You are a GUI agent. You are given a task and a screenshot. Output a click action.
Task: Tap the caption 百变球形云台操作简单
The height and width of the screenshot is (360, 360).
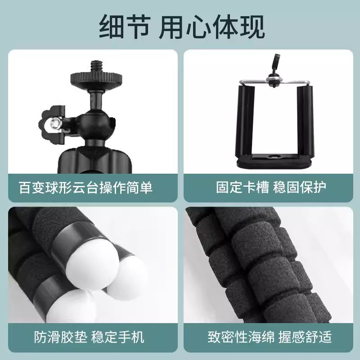tap(85, 187)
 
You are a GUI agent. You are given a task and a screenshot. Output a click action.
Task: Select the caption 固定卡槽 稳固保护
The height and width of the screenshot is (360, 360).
tap(271, 187)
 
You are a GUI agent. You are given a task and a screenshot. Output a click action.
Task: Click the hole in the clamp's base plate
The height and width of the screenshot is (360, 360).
tap(273, 158)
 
